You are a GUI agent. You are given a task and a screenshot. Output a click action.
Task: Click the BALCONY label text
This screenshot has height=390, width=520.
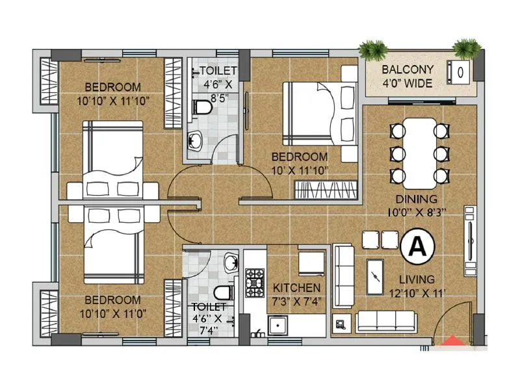click(404, 69)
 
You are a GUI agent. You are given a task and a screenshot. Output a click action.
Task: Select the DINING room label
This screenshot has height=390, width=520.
click(419, 200)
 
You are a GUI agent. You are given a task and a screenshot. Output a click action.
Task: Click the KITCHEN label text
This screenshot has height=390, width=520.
click(296, 287)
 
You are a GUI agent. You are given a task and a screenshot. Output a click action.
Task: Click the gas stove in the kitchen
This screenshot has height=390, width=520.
click(254, 282)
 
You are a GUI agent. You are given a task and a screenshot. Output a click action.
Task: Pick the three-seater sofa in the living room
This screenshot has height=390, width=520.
click(387, 320)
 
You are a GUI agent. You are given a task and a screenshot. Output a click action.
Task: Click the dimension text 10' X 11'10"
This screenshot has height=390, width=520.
click(300, 170)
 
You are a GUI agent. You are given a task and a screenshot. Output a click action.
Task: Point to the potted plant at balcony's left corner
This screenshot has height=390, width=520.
click(373, 50)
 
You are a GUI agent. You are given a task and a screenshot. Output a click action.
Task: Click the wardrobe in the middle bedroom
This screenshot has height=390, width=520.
click(326, 190)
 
